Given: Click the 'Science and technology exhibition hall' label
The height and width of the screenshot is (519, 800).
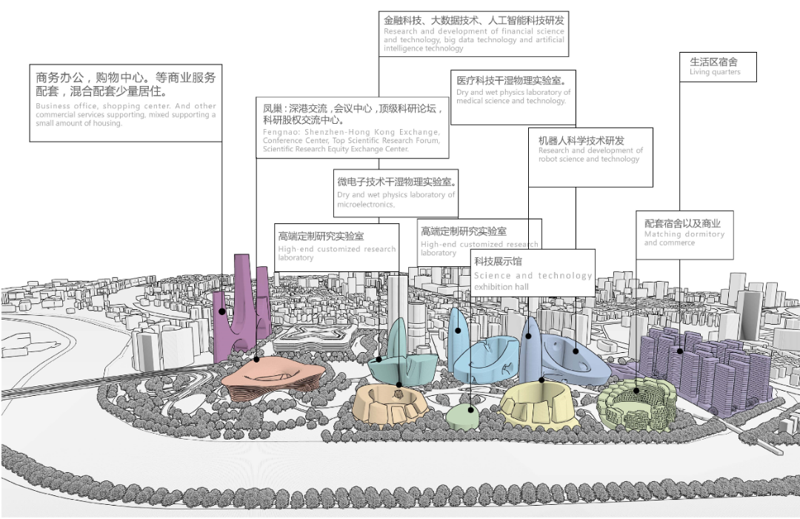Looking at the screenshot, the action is pos(533,273).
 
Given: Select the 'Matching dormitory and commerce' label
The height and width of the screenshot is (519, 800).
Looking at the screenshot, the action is pos(684,234).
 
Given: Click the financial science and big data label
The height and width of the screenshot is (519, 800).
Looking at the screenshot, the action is pos(473,33).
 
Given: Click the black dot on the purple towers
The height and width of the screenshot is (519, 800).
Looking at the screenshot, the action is pos(221,311).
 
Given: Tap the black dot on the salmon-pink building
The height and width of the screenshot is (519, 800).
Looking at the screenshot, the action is pos(256,360).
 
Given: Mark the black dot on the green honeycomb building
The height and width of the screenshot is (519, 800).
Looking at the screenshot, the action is pos(636,390).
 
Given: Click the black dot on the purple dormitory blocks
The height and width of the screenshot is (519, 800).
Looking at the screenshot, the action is pos(680,351).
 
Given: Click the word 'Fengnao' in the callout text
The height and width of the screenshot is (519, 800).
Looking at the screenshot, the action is pos(278,132).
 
